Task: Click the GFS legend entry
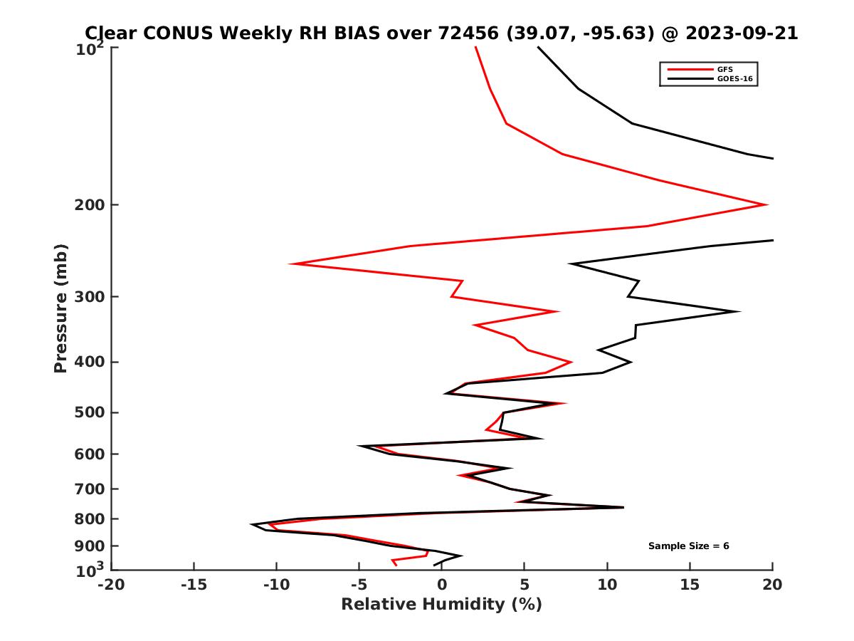point(725,69)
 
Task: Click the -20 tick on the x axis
point(111,585)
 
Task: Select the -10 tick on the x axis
point(276,585)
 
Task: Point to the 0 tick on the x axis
point(442,585)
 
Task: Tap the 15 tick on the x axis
point(690,585)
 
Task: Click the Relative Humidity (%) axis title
point(441,605)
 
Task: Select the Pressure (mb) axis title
point(60,308)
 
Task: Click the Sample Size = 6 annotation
point(688,546)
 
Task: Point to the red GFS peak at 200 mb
point(766,205)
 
